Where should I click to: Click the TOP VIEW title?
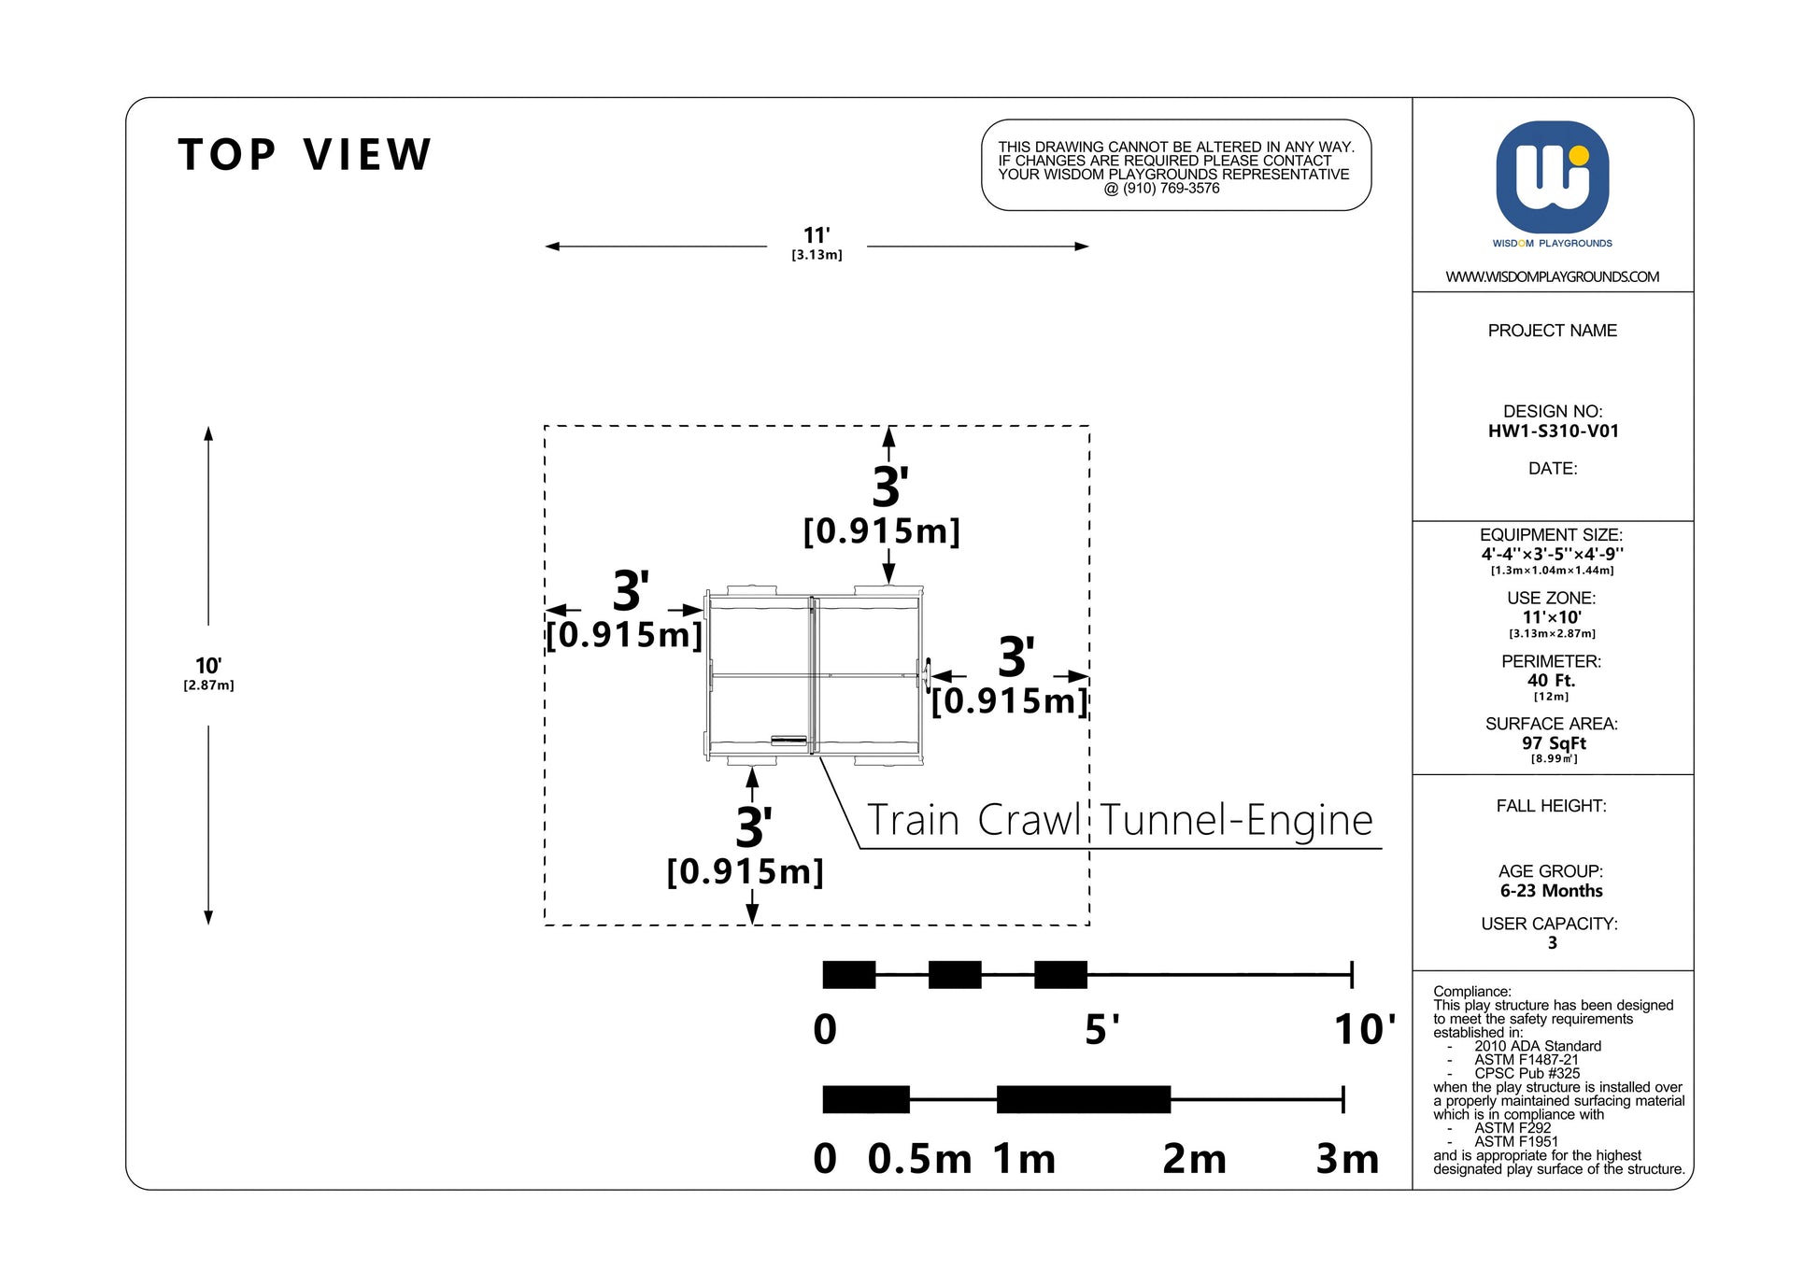click(305, 155)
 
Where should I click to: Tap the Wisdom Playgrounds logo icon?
click(1552, 177)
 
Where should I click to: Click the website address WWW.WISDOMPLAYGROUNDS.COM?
click(1552, 276)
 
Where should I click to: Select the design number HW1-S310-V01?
click(1553, 431)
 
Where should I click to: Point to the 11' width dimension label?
click(817, 236)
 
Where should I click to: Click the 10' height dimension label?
click(207, 666)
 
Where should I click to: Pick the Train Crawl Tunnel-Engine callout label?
click(1119, 821)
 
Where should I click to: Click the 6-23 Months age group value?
click(1551, 891)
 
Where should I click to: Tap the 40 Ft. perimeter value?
click(1551, 681)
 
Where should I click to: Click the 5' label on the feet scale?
click(1101, 1030)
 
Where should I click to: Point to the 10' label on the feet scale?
click(1364, 1030)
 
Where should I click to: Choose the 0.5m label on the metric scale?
click(919, 1159)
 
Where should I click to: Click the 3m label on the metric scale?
click(1347, 1159)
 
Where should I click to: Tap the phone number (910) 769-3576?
click(1172, 189)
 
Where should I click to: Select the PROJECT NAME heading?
click(1552, 331)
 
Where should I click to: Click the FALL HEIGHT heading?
click(1551, 806)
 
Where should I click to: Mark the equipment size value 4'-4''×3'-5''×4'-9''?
click(1552, 554)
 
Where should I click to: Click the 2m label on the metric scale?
click(1194, 1159)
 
